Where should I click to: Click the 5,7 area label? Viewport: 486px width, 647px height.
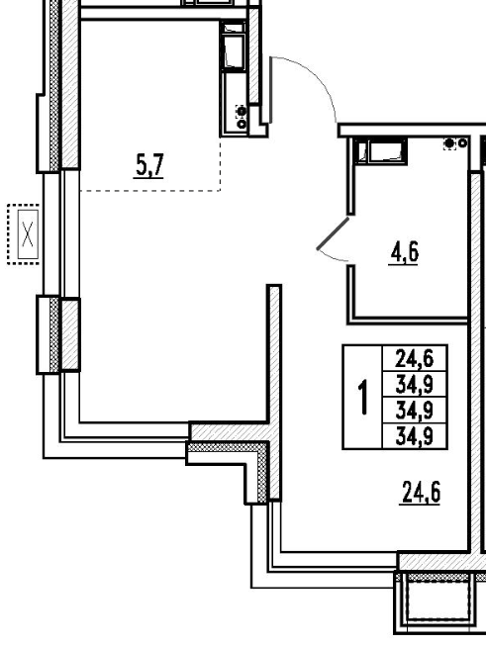pyautogui.click(x=149, y=165)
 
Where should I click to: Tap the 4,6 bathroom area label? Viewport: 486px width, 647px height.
pyautogui.click(x=404, y=252)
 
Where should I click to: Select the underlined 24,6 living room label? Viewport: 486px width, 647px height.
pyautogui.click(x=421, y=493)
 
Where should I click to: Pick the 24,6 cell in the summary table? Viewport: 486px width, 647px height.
pyautogui.click(x=415, y=358)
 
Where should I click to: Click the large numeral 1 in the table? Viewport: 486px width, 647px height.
pyautogui.click(x=363, y=397)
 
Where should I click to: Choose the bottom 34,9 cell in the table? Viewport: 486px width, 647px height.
pyautogui.click(x=415, y=435)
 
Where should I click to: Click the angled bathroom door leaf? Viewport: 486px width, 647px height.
pyautogui.click(x=333, y=233)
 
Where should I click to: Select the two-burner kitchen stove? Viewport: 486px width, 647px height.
pyautogui.click(x=242, y=117)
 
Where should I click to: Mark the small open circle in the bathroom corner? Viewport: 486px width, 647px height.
pyautogui.click(x=463, y=143)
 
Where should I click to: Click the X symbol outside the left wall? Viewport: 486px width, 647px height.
pyautogui.click(x=28, y=233)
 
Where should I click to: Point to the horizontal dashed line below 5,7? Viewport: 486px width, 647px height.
pyautogui.click(x=149, y=191)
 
